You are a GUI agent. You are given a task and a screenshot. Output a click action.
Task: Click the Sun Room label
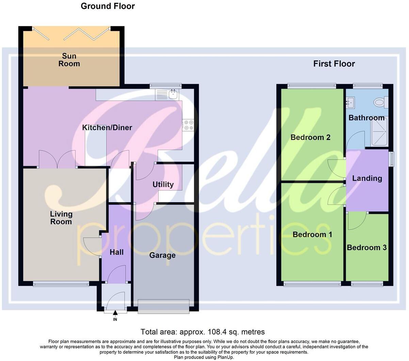pyautogui.click(x=69, y=60)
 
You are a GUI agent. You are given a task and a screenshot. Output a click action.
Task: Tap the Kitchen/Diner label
pyautogui.click(x=107, y=128)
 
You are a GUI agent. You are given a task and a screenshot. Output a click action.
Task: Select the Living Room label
pyautogui.click(x=61, y=218)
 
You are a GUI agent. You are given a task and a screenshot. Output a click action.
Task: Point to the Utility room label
pyautogui.click(x=163, y=185)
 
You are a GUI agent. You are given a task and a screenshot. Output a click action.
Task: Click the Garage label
pyautogui.click(x=162, y=255)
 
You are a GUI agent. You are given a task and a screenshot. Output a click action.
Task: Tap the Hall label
pyautogui.click(x=116, y=252)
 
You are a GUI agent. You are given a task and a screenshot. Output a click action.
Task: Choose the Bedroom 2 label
pyautogui.click(x=310, y=138)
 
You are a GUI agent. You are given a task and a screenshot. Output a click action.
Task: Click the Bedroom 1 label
pyautogui.click(x=312, y=235)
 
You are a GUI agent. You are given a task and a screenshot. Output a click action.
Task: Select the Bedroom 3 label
pyautogui.click(x=367, y=248)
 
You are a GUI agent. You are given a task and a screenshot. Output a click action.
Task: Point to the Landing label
pyautogui.click(x=367, y=178)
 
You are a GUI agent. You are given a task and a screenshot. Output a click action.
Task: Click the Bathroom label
pyautogui.click(x=366, y=118)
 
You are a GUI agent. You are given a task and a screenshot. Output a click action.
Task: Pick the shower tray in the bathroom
pyautogui.click(x=379, y=131)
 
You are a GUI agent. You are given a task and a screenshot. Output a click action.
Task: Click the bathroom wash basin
pyautogui.click(x=351, y=101)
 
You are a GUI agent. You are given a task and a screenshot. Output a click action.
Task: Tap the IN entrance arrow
pyautogui.click(x=115, y=313)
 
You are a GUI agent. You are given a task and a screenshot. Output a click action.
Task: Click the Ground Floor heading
pyautogui.click(x=108, y=6)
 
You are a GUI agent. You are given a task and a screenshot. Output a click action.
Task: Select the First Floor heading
pyautogui.click(x=334, y=64)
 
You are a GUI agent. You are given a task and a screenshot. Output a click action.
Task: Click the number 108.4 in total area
pyautogui.click(x=209, y=332)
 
